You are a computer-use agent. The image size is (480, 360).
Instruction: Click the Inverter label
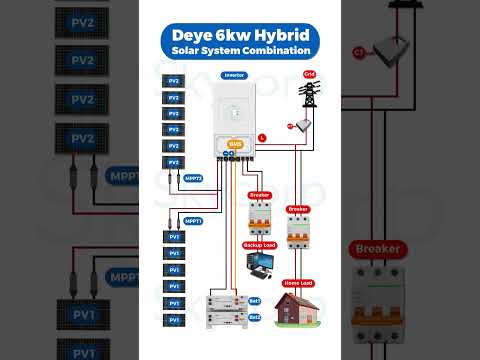235,75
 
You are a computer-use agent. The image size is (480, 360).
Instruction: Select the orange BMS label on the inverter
235,145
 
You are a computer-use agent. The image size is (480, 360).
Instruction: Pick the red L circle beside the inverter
261,135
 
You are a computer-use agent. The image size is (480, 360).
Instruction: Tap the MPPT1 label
194,221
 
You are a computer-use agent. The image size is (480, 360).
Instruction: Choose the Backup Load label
258,244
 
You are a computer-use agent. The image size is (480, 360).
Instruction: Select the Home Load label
298,281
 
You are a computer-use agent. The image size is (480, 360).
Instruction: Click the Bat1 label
255,300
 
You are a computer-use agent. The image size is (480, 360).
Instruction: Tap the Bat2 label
255,317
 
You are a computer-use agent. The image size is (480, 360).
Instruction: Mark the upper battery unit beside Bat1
225,301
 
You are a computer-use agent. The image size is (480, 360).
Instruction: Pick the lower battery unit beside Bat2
225,318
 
